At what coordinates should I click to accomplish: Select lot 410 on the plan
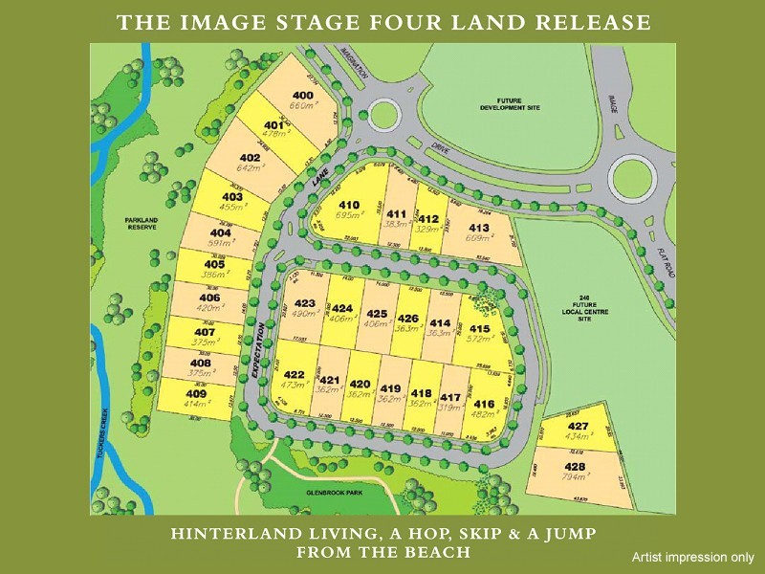[349, 205]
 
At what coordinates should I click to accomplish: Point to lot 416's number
[484, 404]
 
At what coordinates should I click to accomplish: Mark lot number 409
[196, 394]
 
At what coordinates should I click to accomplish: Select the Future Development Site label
[510, 104]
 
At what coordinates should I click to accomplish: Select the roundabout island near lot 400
[389, 116]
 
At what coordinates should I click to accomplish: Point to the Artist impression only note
[692, 557]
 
